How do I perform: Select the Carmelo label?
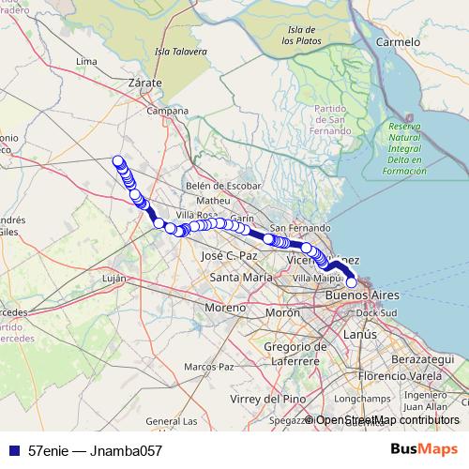(x=398, y=42)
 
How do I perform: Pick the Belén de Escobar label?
(x=223, y=186)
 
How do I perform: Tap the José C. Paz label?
(x=229, y=255)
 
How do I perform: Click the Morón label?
(x=282, y=312)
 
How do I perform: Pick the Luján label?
(x=113, y=279)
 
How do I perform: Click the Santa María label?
(x=242, y=278)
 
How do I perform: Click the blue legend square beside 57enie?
(x=13, y=449)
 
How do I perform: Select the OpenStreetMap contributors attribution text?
(x=386, y=419)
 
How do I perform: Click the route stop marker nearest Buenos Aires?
(x=352, y=281)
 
